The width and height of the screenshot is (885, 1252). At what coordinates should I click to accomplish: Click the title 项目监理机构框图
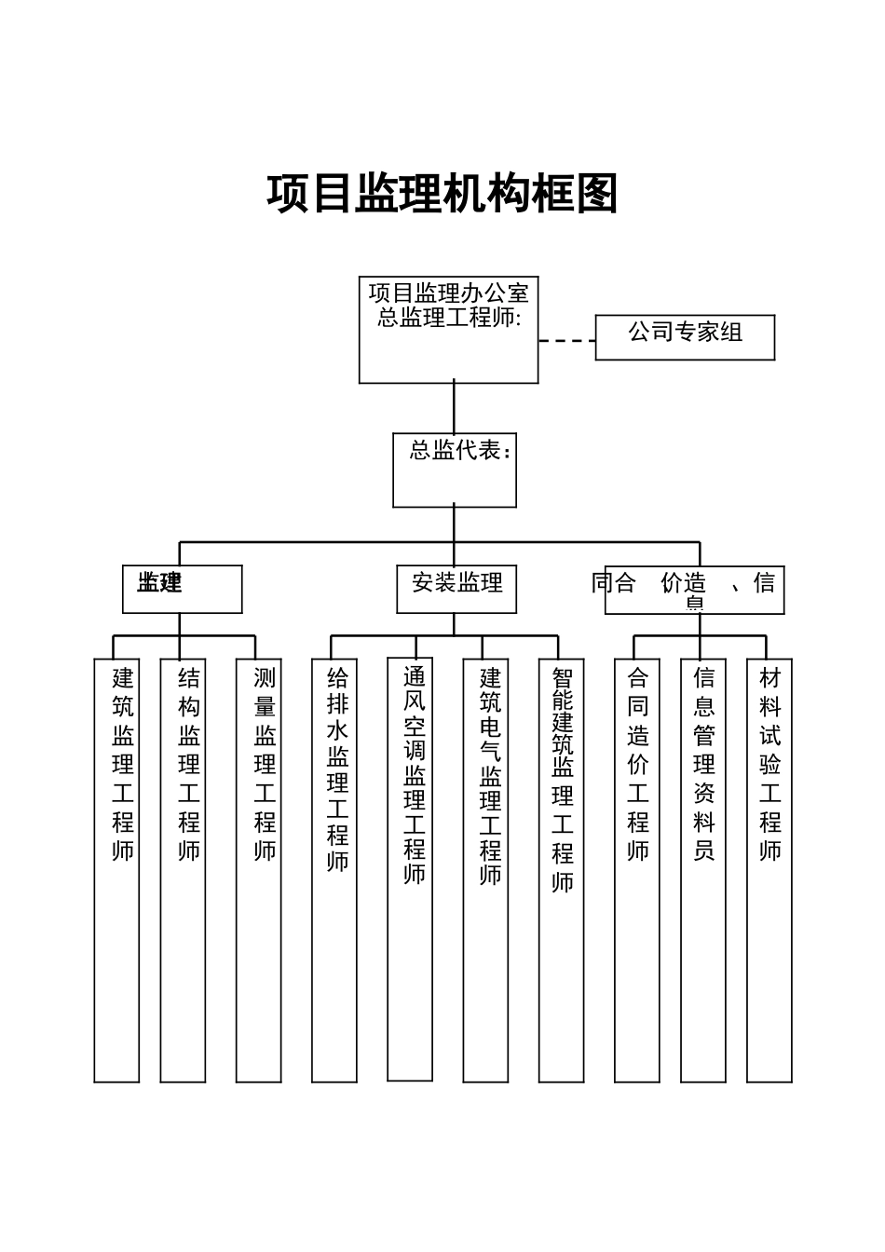tap(442, 194)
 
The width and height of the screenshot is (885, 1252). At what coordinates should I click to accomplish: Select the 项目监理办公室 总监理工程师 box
tap(448, 329)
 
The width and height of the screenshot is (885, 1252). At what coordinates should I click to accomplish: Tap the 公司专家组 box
tap(685, 337)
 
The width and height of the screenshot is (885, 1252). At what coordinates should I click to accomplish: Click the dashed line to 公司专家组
tap(566, 341)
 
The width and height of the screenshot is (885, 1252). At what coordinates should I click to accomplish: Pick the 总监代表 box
tap(455, 469)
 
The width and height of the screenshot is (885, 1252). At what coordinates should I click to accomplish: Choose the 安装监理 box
tap(456, 589)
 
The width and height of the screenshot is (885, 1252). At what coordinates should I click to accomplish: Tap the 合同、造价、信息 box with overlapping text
tap(694, 590)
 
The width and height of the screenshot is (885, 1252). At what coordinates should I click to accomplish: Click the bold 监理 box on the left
tap(183, 589)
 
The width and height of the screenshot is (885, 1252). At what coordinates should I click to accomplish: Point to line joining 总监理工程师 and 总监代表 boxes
tap(455, 408)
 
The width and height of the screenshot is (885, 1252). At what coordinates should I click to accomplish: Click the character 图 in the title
tap(597, 194)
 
